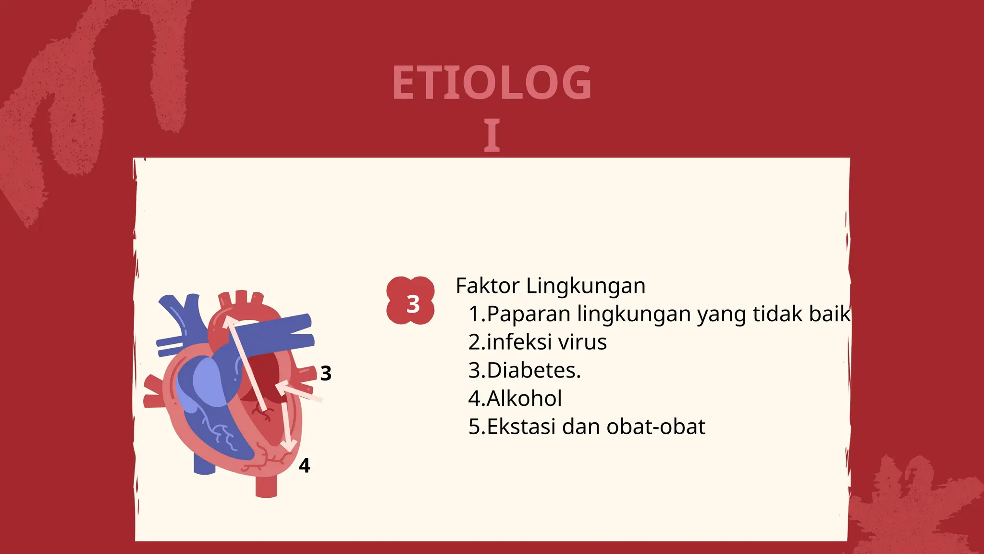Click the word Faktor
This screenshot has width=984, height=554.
(487, 286)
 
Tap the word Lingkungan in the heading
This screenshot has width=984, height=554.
(586, 287)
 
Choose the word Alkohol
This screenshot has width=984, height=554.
(524, 398)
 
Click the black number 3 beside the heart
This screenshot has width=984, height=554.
(326, 373)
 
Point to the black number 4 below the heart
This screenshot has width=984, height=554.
(304, 465)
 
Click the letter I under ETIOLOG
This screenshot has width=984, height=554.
(492, 136)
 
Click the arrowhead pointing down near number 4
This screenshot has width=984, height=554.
(288, 447)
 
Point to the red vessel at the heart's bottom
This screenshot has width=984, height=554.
(266, 486)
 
